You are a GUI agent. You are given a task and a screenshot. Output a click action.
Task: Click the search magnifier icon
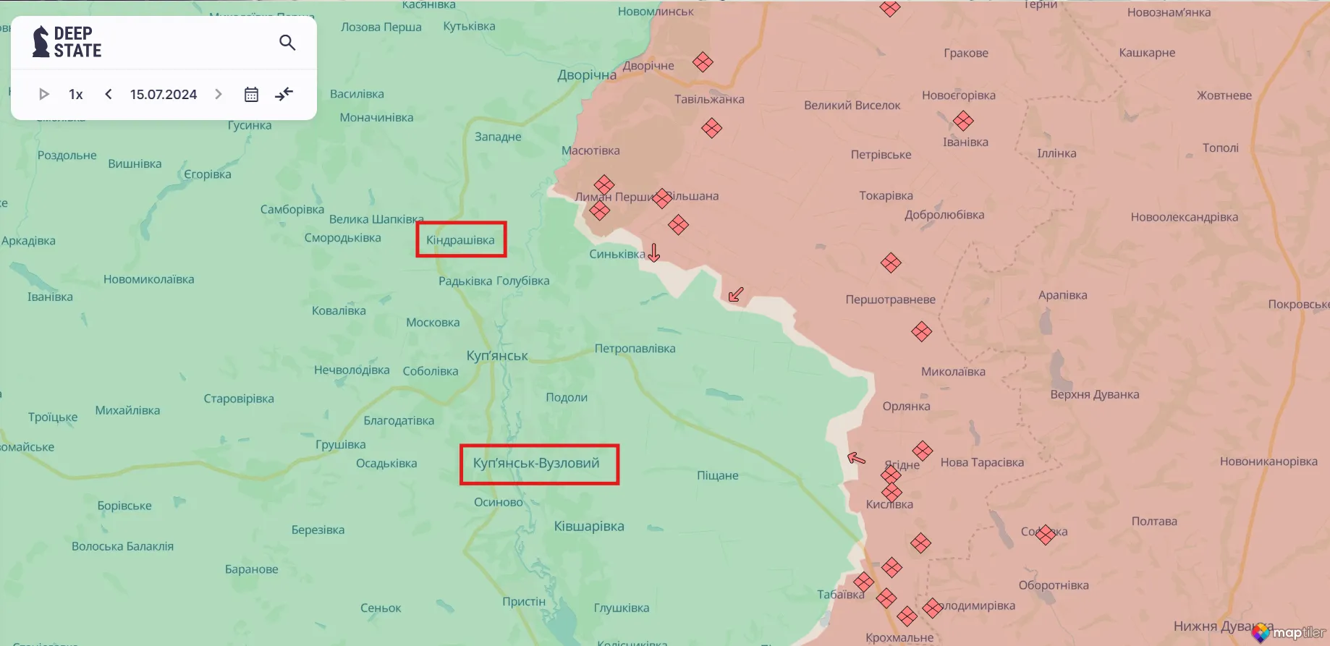[x=287, y=43]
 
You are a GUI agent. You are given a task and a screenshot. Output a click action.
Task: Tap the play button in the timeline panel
[x=43, y=94]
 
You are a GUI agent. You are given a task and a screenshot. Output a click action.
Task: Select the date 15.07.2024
[x=164, y=95]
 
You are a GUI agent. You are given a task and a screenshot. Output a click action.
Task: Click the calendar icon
[x=251, y=95]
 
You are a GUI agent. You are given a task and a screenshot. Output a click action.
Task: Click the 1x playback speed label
[x=76, y=95]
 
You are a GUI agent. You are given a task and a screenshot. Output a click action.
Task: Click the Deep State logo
[x=67, y=42]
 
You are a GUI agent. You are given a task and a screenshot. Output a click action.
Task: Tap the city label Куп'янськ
[x=497, y=356]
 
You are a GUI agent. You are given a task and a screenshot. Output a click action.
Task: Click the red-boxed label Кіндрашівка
[x=461, y=240]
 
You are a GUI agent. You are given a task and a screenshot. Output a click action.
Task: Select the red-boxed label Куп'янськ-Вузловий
[x=537, y=464]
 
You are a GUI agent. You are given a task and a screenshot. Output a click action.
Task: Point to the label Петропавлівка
[x=635, y=349]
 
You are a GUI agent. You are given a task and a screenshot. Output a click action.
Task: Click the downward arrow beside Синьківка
[x=654, y=252]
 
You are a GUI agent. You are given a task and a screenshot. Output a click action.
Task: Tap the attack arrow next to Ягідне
[x=856, y=458]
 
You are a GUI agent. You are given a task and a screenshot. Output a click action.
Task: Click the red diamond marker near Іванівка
[x=962, y=121]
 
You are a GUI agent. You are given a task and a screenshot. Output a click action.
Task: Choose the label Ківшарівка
[x=589, y=527]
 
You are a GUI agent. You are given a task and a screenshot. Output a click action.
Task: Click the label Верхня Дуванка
[x=1094, y=395]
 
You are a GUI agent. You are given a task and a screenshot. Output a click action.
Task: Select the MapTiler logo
[x=1289, y=632]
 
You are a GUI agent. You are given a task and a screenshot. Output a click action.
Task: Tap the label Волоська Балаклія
[x=122, y=547]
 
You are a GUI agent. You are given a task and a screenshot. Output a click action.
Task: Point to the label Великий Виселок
[x=852, y=106]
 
